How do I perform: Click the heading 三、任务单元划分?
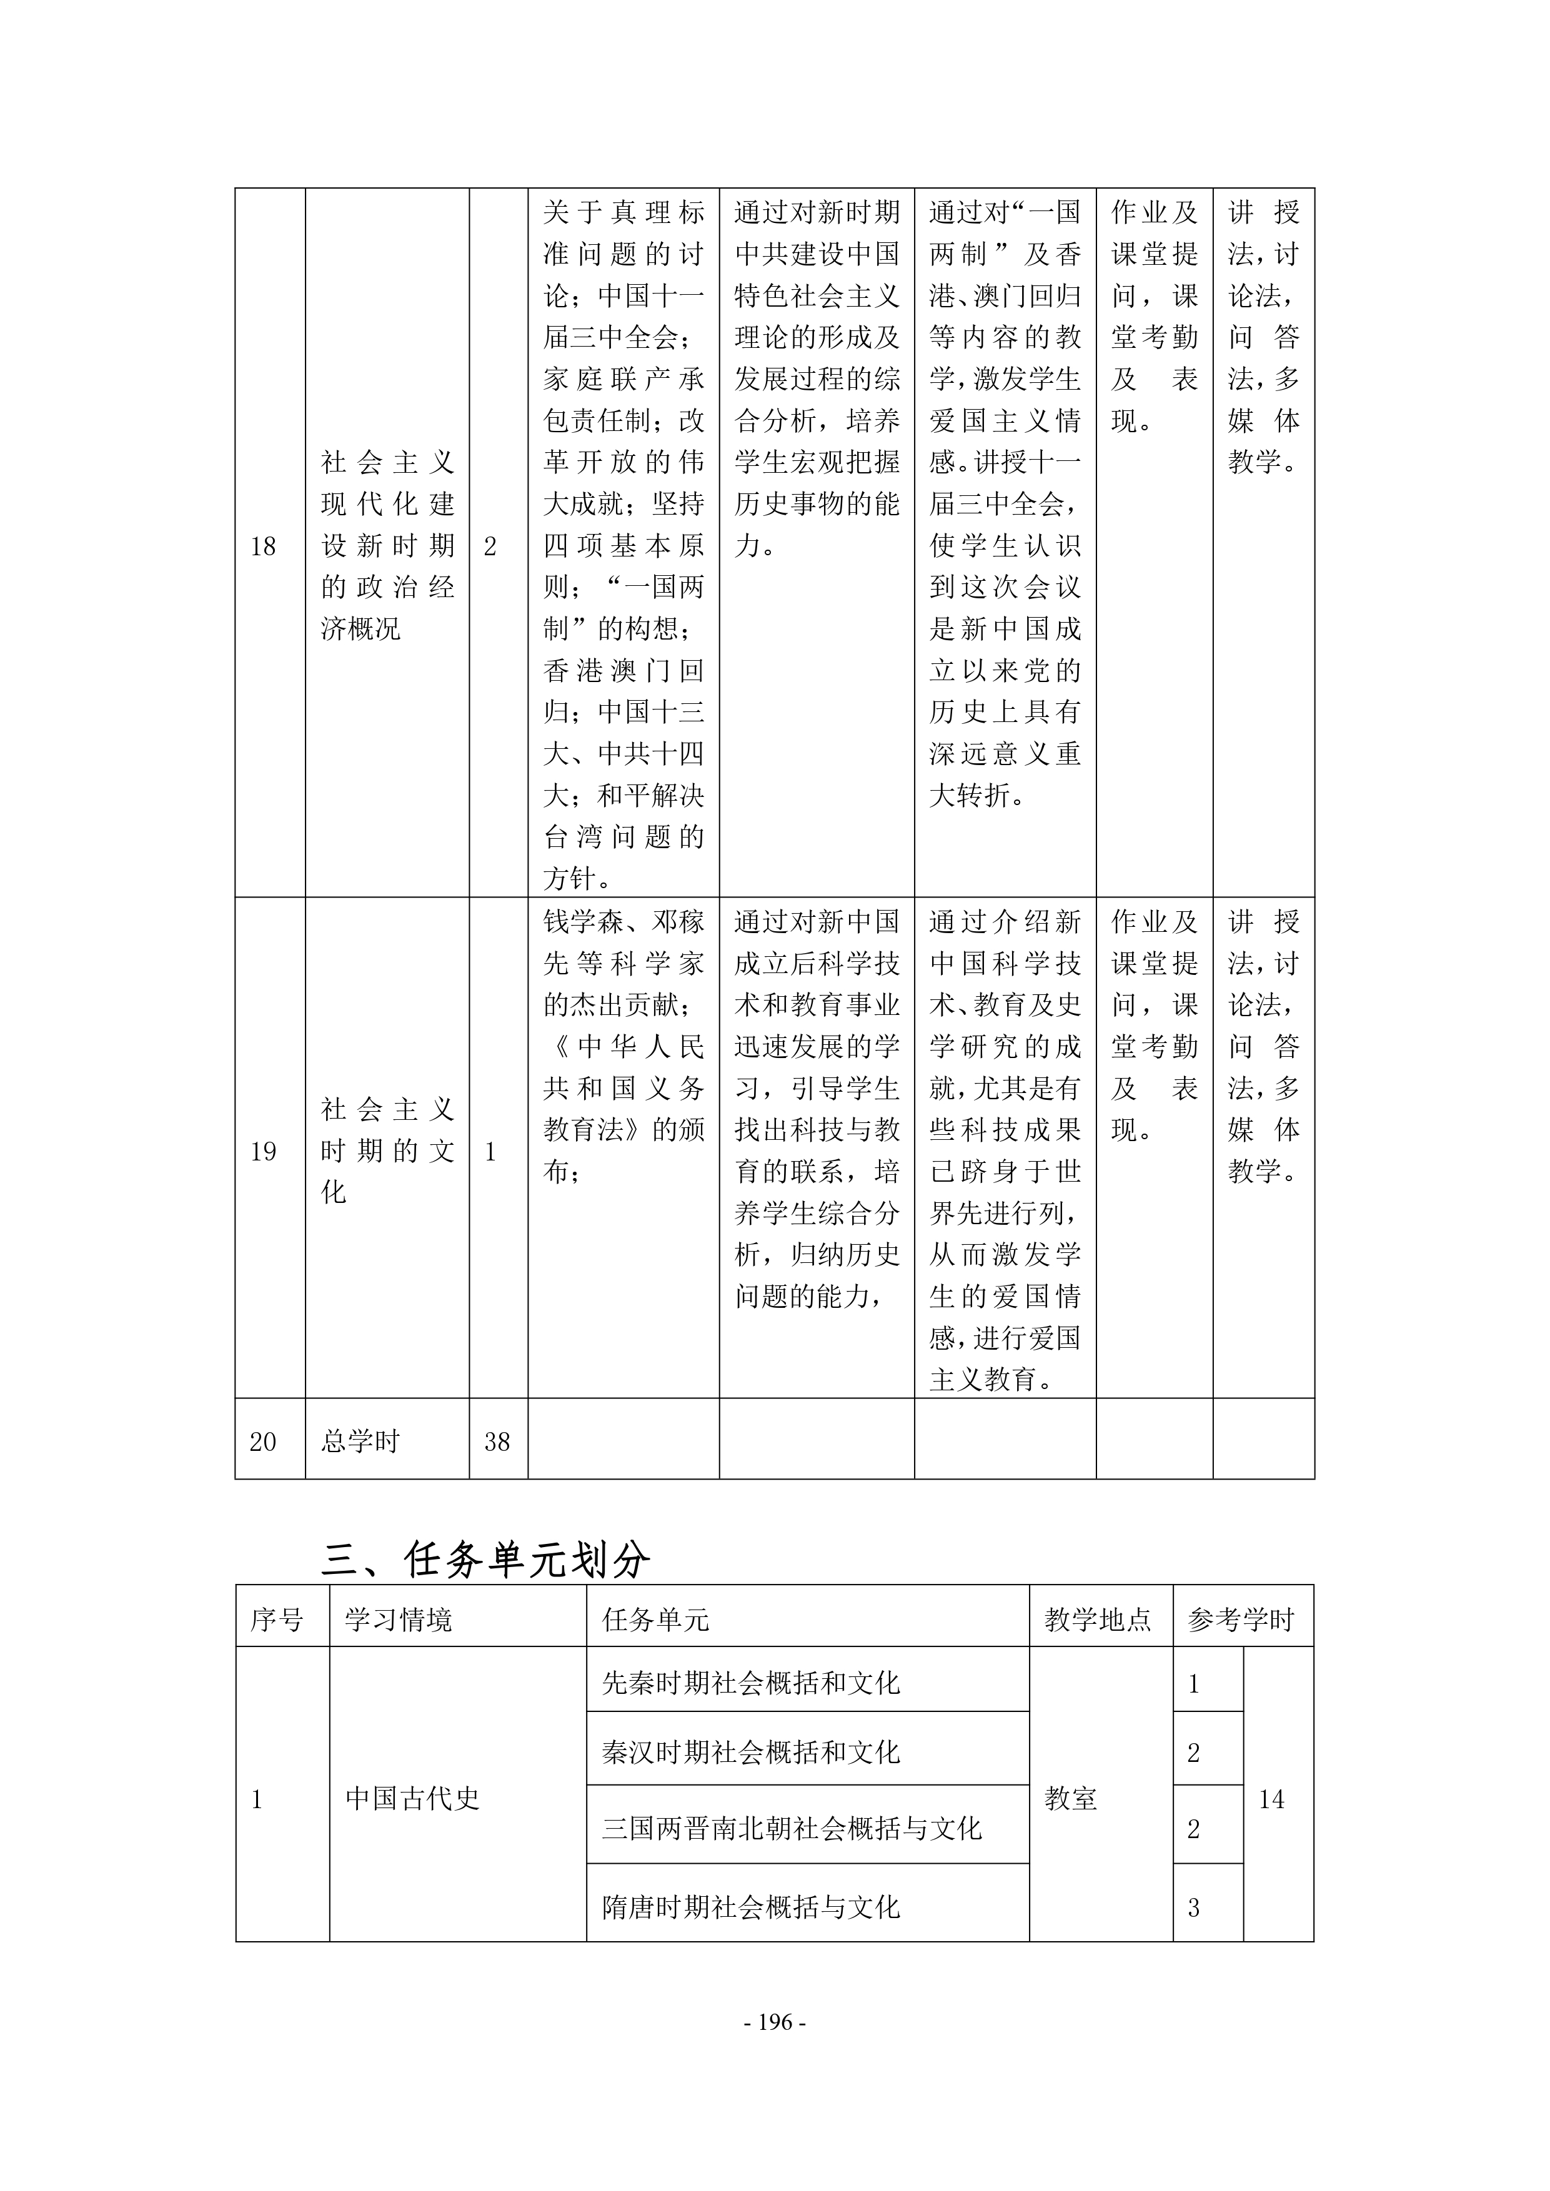pyautogui.click(x=486, y=1561)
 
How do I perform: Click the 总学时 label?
pyautogui.click(x=360, y=1442)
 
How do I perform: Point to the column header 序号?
pyautogui.click(x=277, y=1620)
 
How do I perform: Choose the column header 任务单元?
pyautogui.click(x=656, y=1620)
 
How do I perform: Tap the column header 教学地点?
pyautogui.click(x=1098, y=1620)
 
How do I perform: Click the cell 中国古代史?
pyautogui.click(x=412, y=1799)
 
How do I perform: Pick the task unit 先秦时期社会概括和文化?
pyautogui.click(x=751, y=1683)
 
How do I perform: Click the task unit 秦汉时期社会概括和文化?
pyautogui.click(x=751, y=1752)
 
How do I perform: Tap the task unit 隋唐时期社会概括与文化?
pyautogui.click(x=751, y=1907)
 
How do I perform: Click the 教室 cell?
pyautogui.click(x=1071, y=1799)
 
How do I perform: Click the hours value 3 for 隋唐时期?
pyautogui.click(x=1193, y=1907)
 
